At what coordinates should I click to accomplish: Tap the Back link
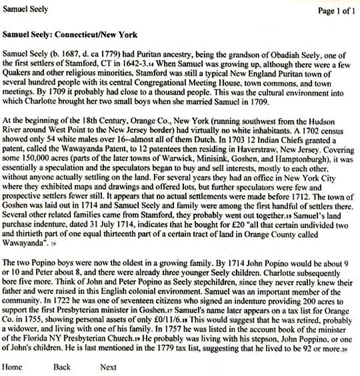[x=62, y=367]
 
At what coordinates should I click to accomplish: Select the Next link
[x=108, y=367]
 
